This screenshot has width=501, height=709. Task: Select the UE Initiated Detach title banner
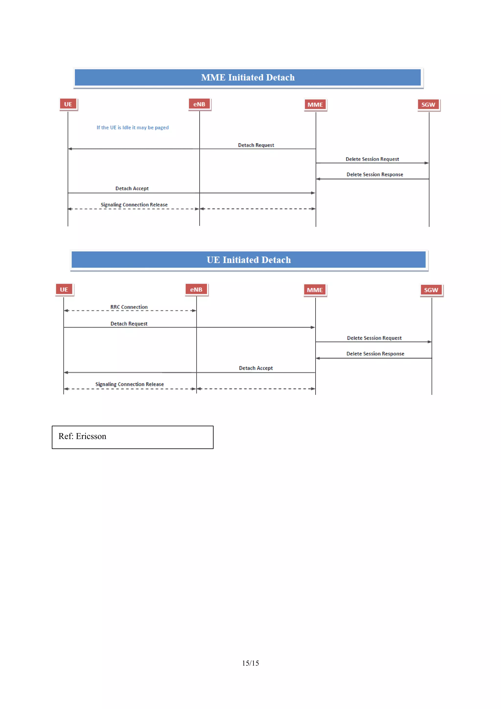(249, 260)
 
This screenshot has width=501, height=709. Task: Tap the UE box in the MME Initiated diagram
(68, 104)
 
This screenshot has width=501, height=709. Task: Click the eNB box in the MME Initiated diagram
(199, 104)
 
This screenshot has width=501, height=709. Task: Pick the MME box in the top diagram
(315, 105)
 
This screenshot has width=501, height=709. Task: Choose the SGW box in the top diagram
(428, 105)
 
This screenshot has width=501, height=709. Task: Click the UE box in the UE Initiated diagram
(64, 290)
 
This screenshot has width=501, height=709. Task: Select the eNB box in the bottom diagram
(196, 290)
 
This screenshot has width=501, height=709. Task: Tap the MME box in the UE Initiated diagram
(315, 290)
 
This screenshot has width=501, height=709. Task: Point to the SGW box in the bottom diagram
(431, 290)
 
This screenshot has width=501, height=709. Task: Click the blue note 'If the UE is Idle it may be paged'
(133, 128)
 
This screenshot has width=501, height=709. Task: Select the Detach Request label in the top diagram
(256, 145)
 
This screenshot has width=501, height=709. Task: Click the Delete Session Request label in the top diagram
(372, 159)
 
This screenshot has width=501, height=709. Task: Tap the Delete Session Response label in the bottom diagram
(375, 354)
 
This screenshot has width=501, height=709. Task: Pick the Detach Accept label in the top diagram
(132, 188)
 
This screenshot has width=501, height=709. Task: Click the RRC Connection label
(129, 307)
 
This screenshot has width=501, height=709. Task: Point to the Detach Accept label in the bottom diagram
(256, 368)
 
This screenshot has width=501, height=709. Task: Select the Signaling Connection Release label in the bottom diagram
(130, 384)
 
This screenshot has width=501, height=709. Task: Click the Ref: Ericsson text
(82, 436)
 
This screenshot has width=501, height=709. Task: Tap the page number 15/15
(250, 663)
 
